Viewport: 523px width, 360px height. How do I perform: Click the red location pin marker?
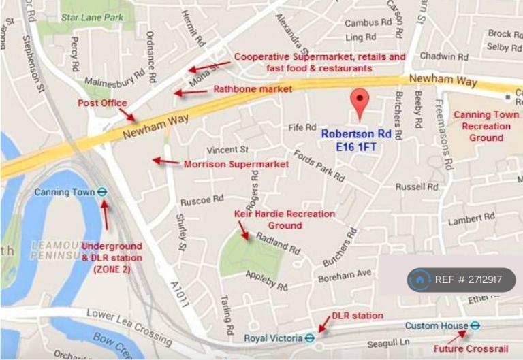click(x=360, y=102)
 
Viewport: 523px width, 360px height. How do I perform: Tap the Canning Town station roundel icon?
click(x=102, y=193)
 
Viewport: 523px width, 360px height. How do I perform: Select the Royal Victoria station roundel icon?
click(x=309, y=337)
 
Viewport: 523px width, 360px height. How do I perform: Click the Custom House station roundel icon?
click(x=475, y=326)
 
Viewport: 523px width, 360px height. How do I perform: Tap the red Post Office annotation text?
click(x=102, y=103)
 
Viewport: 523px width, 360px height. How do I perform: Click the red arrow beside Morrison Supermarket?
click(x=165, y=162)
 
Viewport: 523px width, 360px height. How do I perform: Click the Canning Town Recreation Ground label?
click(x=486, y=126)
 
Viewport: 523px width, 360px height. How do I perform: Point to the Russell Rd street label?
click(x=417, y=186)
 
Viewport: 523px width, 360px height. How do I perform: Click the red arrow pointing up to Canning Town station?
click(x=106, y=216)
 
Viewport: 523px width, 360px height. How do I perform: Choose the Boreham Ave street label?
click(x=345, y=276)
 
